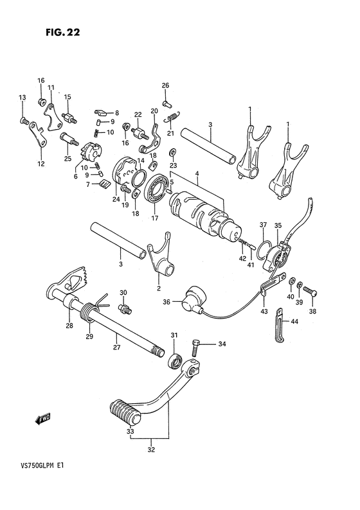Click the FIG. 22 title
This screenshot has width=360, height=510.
(63, 32)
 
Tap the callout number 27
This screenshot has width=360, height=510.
(116, 347)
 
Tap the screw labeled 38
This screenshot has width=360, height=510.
(310, 290)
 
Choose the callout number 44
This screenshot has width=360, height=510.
(294, 322)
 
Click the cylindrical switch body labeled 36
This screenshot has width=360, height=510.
(194, 299)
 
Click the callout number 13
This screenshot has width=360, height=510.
(22, 98)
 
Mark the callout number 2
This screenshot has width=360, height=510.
(159, 288)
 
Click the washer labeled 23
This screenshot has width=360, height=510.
(172, 152)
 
